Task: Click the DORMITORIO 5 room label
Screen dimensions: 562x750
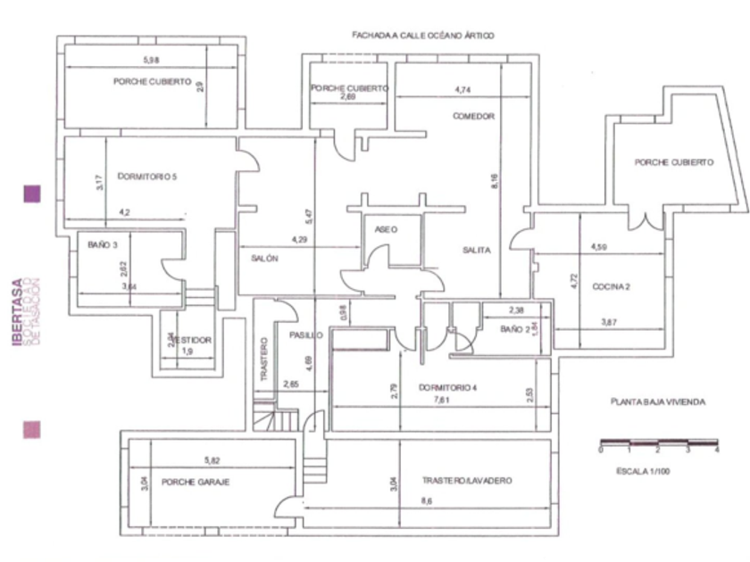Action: click(x=148, y=177)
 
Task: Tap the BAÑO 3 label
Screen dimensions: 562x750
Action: click(x=103, y=244)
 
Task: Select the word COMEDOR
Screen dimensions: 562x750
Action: click(x=473, y=117)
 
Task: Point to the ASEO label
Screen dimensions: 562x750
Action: click(x=387, y=229)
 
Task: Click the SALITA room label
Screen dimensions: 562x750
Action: click(x=477, y=251)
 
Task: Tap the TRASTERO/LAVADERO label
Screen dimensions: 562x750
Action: click(x=467, y=481)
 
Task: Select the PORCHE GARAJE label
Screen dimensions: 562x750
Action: click(x=196, y=482)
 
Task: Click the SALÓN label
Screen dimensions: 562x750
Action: click(x=264, y=258)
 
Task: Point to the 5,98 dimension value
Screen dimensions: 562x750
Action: click(x=154, y=61)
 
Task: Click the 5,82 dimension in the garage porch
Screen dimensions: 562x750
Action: click(x=212, y=460)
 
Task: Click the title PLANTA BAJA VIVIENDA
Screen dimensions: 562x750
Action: click(x=658, y=402)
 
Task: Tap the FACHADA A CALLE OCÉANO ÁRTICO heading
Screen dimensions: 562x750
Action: click(x=423, y=35)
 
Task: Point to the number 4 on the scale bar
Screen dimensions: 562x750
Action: click(x=717, y=451)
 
